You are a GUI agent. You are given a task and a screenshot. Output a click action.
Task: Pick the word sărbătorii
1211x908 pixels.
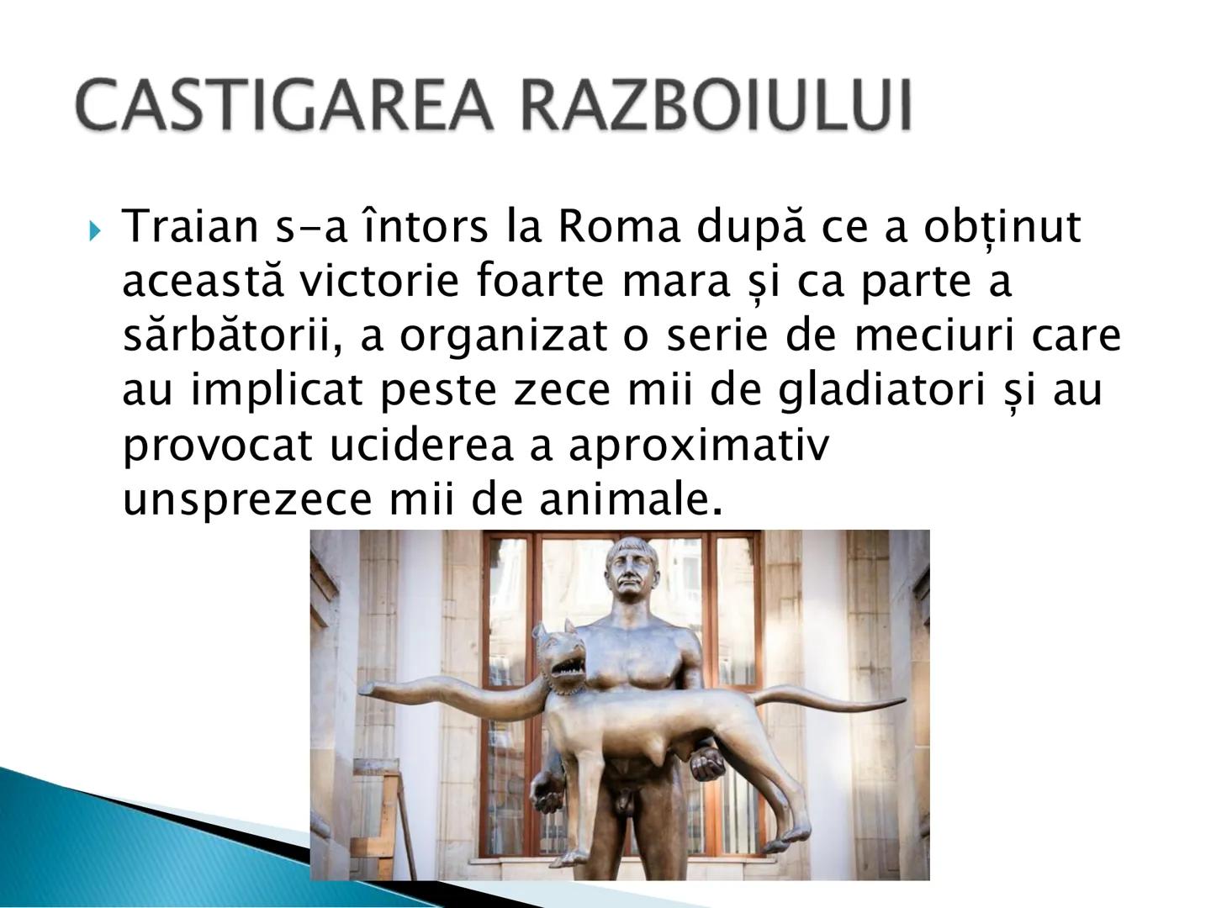[233, 336]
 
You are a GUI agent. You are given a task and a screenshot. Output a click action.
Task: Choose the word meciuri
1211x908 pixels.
[930, 336]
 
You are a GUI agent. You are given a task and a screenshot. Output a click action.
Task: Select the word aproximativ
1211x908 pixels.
[698, 446]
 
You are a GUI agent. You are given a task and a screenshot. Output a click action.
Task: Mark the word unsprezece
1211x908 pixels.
[246, 501]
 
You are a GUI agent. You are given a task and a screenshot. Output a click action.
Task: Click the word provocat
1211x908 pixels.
[219, 446]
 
